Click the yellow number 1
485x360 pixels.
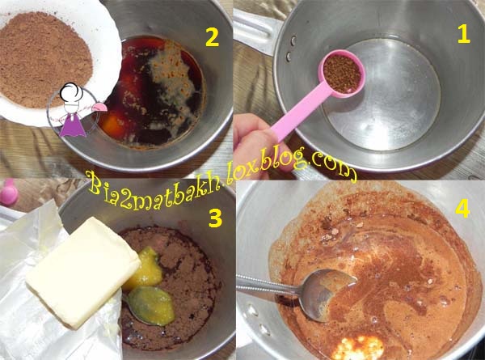click(464, 34)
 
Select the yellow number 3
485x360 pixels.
click(215, 218)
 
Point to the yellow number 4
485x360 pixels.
click(462, 208)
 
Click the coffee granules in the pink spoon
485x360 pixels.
click(342, 74)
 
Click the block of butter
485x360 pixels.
click(83, 272)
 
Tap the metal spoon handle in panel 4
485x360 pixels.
click(270, 284)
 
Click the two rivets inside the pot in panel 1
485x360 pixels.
click(291, 48)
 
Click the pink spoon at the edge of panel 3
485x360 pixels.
click(8, 193)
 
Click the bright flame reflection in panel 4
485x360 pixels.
click(358, 347)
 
